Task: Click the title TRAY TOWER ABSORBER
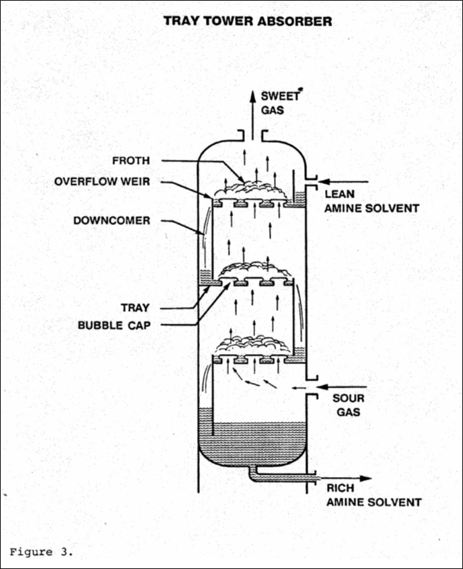pyautogui.click(x=248, y=21)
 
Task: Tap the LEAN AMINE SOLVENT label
pyautogui.click(x=371, y=201)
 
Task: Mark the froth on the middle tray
pyautogui.click(x=254, y=270)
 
